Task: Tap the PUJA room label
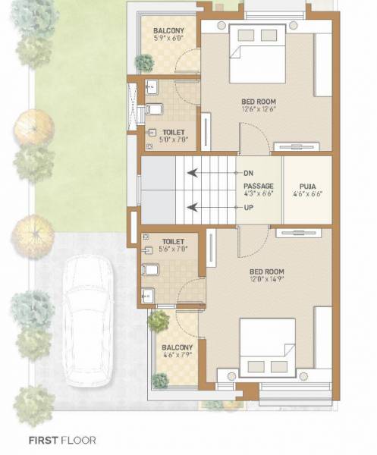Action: coord(307,184)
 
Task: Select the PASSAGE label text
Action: coord(259,185)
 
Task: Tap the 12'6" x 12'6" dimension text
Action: coord(258,110)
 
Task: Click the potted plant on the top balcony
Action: coord(144,62)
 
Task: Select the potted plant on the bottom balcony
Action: coord(159,321)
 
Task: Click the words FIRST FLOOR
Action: coord(62,439)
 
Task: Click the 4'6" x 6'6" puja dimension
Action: coord(307,193)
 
